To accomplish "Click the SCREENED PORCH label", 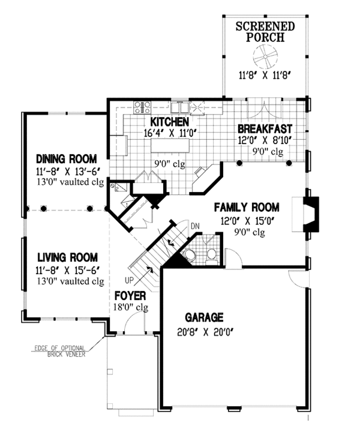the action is point(265,32).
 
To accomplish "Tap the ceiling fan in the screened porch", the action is point(265,57).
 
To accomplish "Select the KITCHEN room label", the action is point(169,122).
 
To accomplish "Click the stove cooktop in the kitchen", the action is point(142,107).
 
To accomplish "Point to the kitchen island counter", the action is point(170,145).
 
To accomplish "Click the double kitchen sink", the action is point(179,107).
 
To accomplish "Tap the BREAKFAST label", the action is point(265,129).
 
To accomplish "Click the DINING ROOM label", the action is point(67,159).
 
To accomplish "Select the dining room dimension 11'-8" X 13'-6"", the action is point(67,172).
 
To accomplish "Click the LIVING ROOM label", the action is point(67,257).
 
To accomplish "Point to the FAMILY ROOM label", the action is point(247,207).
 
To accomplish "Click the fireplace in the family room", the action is point(311,214).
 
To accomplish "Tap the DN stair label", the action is point(195,226).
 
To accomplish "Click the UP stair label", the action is point(129,280).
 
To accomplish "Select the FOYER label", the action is point(130,296).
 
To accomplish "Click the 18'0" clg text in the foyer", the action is point(131,307).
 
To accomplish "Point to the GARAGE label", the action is point(204,317).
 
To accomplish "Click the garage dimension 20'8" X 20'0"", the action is point(205,332).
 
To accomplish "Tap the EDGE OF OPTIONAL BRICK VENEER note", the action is point(59,351).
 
